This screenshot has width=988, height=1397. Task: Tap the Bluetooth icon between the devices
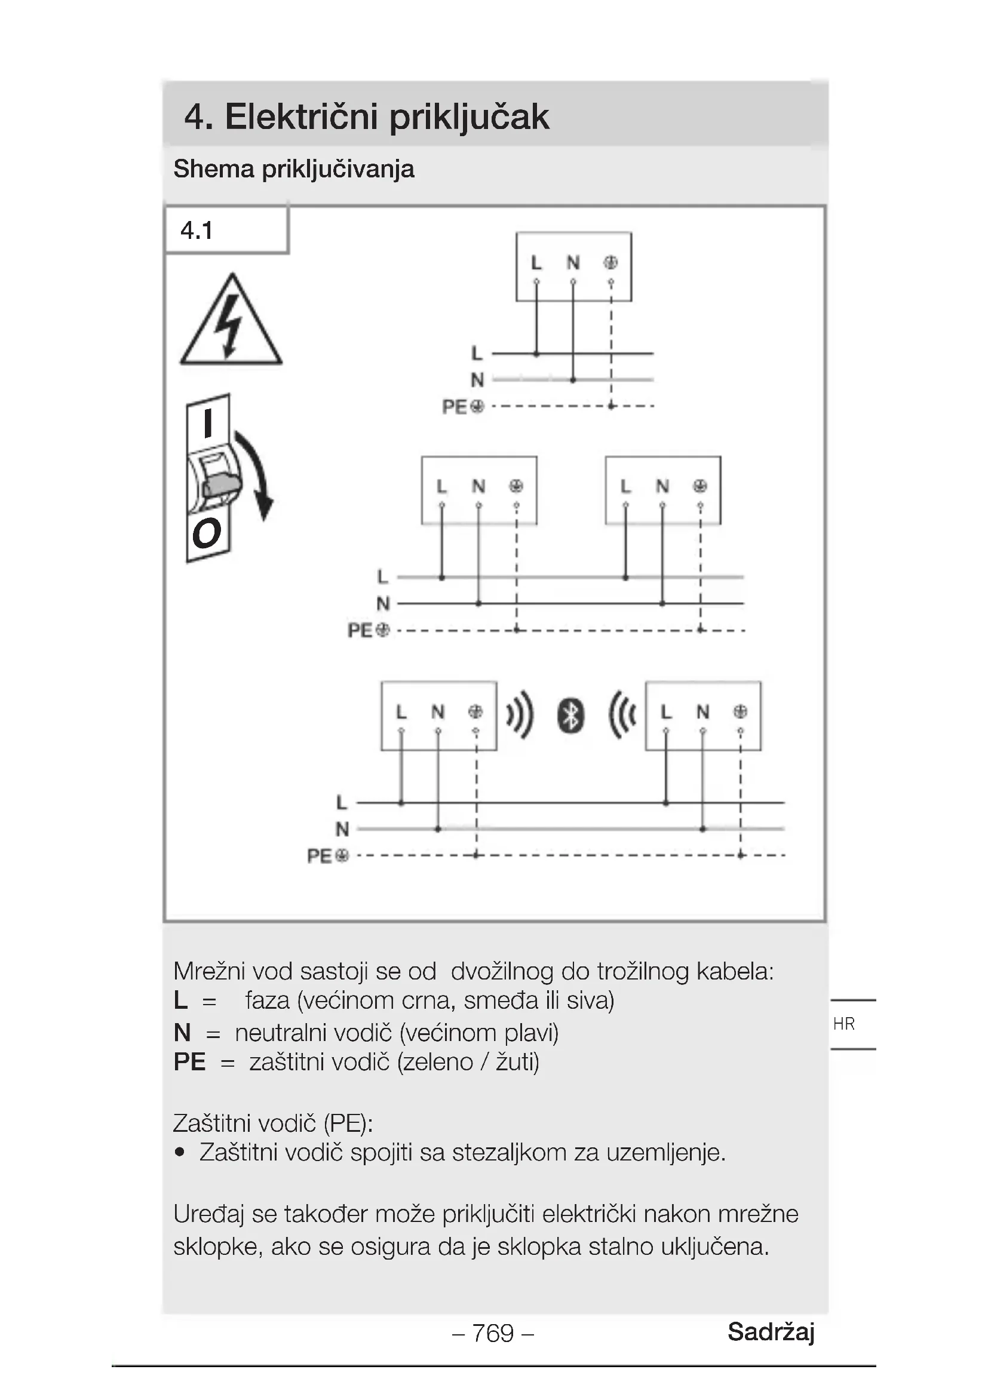570,716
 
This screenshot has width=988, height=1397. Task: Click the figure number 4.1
197,231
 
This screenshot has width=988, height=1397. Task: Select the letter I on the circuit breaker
208,423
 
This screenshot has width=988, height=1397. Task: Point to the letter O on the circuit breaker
206,533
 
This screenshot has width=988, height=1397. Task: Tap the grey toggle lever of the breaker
222,485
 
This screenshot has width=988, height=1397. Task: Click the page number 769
493,1333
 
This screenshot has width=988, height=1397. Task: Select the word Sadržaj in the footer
771,1332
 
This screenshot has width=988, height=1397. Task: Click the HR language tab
844,1024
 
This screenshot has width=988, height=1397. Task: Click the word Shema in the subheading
213,169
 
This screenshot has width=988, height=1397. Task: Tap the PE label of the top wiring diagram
455,407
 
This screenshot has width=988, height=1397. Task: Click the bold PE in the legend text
189,1062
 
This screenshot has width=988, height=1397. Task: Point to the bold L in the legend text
180,1000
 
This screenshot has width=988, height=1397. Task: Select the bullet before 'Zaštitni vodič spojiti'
179,1152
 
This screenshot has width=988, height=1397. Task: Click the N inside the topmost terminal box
573,262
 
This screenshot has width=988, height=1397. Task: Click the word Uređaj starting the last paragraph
208,1214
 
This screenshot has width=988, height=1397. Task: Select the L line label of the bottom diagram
342,803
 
